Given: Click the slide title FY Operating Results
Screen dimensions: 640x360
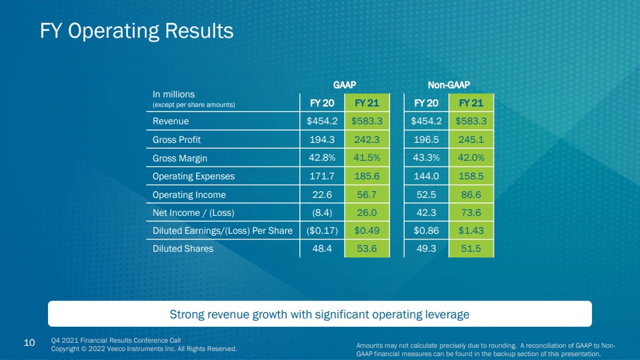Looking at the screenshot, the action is (136, 31).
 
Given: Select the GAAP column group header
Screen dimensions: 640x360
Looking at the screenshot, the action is (345, 85).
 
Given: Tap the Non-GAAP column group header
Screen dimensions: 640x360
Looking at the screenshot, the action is (448, 85).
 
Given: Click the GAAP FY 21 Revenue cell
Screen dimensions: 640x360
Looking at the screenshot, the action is (367, 121).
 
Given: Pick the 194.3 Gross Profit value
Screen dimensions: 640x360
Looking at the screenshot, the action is (322, 140).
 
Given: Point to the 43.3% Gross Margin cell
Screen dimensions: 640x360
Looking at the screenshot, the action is (426, 158).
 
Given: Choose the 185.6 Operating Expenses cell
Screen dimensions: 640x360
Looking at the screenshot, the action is (367, 176).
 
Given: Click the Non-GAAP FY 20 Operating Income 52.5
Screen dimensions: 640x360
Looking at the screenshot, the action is (426, 195).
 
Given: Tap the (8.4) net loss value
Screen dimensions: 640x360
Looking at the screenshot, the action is (322, 213).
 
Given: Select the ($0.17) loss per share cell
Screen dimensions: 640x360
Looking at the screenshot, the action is (322, 231).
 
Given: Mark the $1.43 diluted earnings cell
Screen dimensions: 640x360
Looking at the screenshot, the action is (471, 231).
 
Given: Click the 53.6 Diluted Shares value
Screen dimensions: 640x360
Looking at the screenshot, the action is (367, 249).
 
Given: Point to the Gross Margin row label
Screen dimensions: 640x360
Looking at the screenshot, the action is (180, 158).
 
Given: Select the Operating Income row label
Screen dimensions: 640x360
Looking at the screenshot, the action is (189, 195).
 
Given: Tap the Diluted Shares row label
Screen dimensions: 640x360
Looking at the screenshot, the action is (183, 249).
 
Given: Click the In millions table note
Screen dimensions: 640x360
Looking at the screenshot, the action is (174, 94).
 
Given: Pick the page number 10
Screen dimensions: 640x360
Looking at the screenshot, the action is (29, 343).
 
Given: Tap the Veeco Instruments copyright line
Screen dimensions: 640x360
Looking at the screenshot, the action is (144, 349).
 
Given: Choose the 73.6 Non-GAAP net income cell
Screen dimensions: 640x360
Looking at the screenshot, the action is (471, 213).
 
